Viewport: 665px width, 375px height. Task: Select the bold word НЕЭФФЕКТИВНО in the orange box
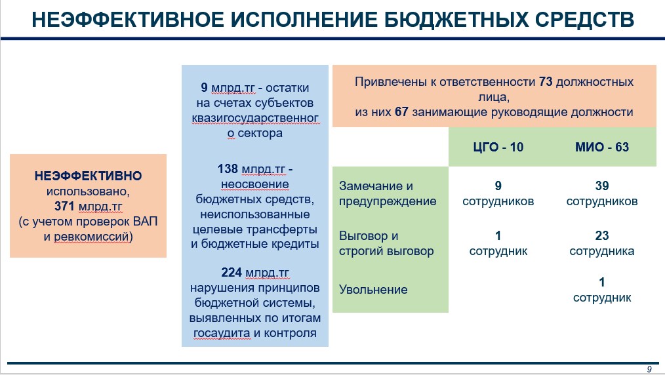89,176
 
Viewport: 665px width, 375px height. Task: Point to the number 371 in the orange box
64,207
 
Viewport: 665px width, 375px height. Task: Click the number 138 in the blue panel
228,168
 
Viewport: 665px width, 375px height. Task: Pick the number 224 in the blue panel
231,272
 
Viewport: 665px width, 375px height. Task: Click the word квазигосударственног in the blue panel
255,118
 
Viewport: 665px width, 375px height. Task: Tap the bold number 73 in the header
546,82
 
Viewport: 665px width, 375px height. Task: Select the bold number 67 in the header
401,112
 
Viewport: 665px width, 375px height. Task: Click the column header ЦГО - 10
498,147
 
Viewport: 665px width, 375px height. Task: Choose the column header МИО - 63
602,147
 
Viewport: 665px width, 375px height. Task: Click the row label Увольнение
373,289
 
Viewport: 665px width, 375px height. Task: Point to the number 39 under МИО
602,186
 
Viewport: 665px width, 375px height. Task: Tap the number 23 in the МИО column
602,235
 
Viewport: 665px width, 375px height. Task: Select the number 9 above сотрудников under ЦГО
498,186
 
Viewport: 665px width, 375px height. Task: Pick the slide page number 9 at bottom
649,369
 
